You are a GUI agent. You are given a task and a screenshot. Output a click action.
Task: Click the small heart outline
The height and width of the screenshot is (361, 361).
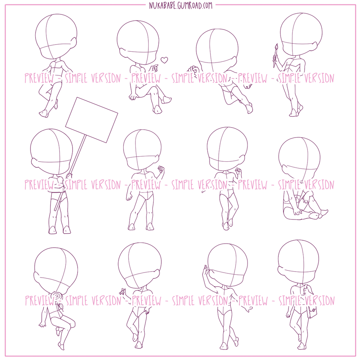click(x=164, y=60)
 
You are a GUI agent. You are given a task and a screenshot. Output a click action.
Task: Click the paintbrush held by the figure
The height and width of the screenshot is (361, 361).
click(x=276, y=55)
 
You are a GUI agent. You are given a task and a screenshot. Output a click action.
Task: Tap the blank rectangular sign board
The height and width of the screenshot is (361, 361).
click(x=92, y=120)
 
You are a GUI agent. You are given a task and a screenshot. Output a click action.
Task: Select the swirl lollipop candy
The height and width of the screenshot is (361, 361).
click(x=56, y=297)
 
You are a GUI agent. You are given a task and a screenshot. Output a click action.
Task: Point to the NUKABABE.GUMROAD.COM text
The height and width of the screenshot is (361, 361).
click(x=180, y=5)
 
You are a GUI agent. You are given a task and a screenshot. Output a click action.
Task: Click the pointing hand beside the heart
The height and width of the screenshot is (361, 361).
click(x=154, y=68)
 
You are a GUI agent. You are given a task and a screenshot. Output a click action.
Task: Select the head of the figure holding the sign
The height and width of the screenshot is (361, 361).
click(x=52, y=152)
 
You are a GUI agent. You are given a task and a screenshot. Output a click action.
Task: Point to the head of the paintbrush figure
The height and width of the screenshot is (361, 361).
click(x=301, y=34)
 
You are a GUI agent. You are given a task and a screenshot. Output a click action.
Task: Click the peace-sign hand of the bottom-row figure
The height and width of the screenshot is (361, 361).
click(x=122, y=291)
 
